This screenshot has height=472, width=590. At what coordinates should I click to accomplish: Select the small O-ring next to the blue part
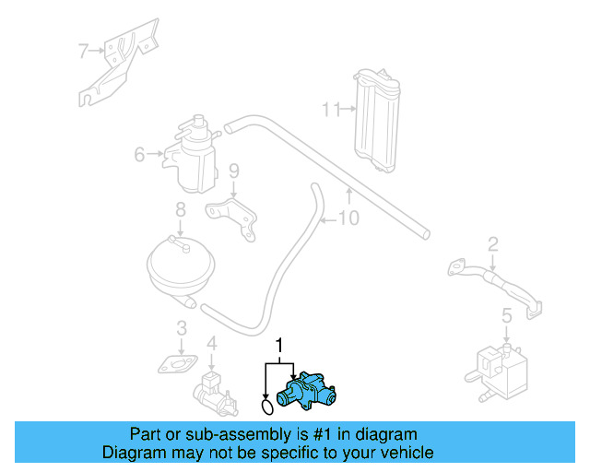coord(266,405)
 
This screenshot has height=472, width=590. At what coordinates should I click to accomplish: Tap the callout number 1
coord(279,347)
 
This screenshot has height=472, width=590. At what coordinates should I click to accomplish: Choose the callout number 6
coord(139,155)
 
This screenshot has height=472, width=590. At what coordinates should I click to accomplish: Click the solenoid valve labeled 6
coord(192,152)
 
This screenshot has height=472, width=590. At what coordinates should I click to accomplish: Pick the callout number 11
coord(329,110)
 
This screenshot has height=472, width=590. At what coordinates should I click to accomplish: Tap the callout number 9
coord(233,171)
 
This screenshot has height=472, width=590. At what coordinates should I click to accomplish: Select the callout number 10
coord(348,218)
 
